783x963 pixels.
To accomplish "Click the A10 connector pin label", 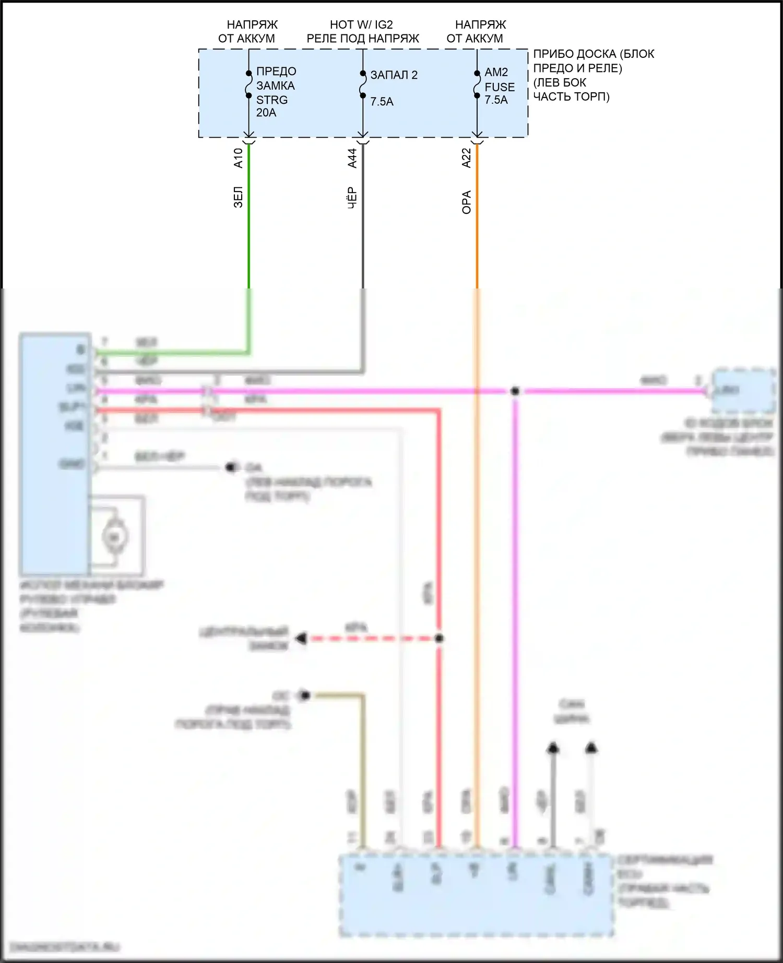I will click(238, 158).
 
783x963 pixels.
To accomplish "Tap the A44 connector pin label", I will click(352, 158).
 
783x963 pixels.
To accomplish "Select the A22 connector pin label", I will click(467, 158).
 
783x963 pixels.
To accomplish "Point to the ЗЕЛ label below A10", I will click(238, 198).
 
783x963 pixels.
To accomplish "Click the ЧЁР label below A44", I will click(352, 198).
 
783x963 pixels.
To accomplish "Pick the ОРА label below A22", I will click(467, 202).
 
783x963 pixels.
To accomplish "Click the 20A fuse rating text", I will click(266, 113).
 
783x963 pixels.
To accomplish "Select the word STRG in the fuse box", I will click(272, 100).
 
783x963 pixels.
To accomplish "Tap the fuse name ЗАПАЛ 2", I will click(394, 75).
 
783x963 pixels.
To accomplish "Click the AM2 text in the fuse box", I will click(496, 72).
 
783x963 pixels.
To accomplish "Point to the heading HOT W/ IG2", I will click(361, 25).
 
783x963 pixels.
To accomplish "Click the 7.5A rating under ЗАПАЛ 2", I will click(382, 102).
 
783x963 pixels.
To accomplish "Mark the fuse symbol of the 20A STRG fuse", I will click(249, 83).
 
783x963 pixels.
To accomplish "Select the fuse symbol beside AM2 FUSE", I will click(477, 85).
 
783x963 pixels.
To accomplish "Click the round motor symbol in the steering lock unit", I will click(115, 537).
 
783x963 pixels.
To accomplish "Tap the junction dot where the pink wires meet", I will click(515, 391).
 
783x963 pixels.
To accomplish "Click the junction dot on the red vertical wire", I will click(440, 639).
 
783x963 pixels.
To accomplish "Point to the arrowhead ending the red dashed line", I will click(301, 639).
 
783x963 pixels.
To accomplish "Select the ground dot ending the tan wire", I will click(305, 695).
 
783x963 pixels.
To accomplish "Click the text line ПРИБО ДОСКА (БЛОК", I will click(594, 54).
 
